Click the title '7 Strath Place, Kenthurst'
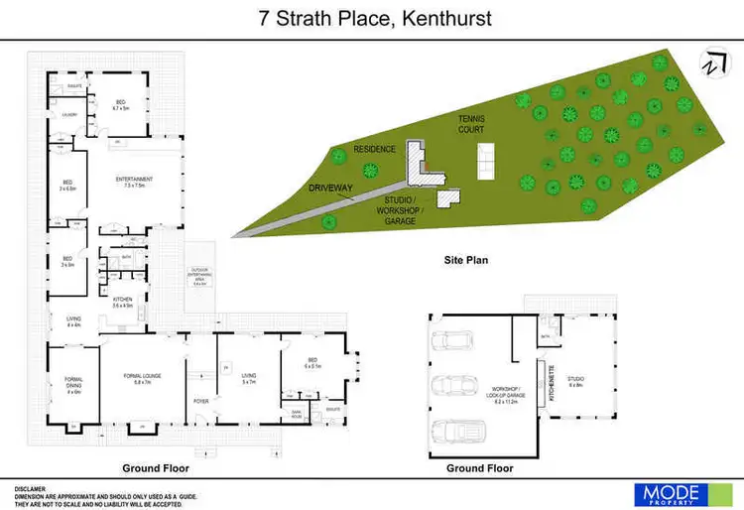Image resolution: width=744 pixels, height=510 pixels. tap(372, 18)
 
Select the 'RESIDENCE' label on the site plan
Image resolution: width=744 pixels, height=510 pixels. tap(376, 149)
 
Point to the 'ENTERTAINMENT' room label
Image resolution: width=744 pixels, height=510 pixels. tap(135, 182)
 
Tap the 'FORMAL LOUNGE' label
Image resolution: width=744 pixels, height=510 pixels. tap(140, 378)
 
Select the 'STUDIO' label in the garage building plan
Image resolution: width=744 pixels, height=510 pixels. tap(574, 378)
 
